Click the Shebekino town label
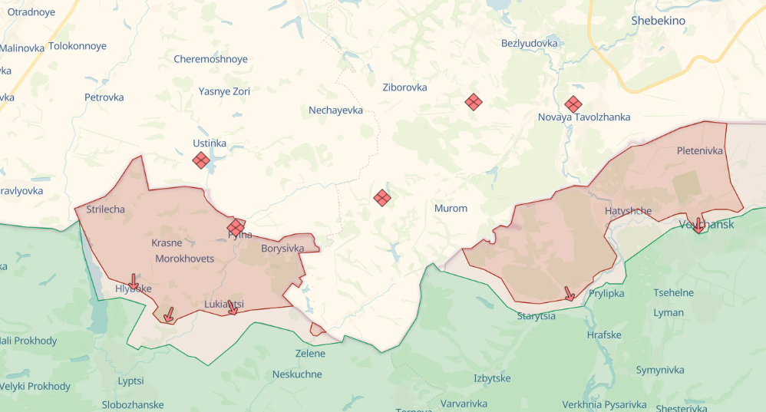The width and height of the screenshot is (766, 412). tap(658, 21)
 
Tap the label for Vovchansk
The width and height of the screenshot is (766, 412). tap(706, 224)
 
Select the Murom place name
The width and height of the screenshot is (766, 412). tap(451, 208)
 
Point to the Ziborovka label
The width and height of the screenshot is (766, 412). tap(404, 87)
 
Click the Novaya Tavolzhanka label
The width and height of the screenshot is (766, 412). tap(584, 117)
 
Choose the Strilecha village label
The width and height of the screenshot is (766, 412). tap(106, 209)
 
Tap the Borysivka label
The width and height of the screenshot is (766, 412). tap(282, 249)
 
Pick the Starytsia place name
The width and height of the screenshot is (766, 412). tap(536, 315)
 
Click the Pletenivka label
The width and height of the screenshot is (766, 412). tap(700, 151)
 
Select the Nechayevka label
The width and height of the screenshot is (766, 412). tap(335, 110)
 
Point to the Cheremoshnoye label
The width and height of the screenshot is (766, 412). tap(211, 59)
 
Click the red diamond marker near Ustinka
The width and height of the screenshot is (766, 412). tap(201, 160)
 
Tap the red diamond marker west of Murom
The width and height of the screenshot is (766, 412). tap(382, 197)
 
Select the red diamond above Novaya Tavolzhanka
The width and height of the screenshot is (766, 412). tap(573, 104)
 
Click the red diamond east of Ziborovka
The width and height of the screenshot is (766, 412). tap(474, 101)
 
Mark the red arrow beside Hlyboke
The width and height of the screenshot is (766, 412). tap(134, 282)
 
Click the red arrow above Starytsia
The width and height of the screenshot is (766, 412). tap(569, 293)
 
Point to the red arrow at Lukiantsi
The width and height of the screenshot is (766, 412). tap(233, 307)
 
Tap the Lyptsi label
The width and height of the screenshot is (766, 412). tap(130, 381)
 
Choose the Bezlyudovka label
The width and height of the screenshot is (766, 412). tap(529, 43)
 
